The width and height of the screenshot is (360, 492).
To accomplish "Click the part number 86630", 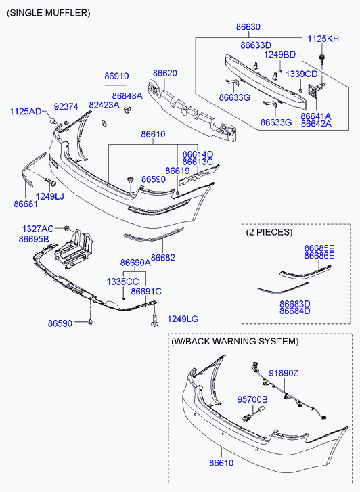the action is (x=248, y=27).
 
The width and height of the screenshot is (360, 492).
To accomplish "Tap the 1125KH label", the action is (x=323, y=39).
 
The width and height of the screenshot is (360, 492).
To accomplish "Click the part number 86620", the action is (x=165, y=73).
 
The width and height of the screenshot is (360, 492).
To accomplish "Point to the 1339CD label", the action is (x=301, y=74).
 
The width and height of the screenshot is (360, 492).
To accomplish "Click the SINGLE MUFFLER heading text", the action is (x=48, y=13).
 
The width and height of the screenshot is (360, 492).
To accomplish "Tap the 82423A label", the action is (x=104, y=105).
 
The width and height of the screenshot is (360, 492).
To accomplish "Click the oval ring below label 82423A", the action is (x=104, y=123).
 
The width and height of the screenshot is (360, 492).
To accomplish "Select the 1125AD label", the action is (x=26, y=112).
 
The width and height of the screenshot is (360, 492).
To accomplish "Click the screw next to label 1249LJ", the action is (x=50, y=181).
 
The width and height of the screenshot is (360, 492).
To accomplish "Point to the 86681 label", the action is (x=26, y=204).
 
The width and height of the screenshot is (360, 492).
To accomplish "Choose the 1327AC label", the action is (x=38, y=229).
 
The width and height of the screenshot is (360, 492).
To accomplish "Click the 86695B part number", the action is (x=34, y=239).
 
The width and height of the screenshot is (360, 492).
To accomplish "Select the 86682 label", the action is (x=163, y=258).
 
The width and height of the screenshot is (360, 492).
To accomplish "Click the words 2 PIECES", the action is (x=269, y=232).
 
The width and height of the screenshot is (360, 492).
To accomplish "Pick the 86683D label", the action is (x=295, y=304).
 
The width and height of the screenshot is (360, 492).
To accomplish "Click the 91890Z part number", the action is (x=284, y=373).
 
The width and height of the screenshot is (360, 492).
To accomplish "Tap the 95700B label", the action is (x=252, y=399).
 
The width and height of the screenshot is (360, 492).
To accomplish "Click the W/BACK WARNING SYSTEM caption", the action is (x=235, y=341).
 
